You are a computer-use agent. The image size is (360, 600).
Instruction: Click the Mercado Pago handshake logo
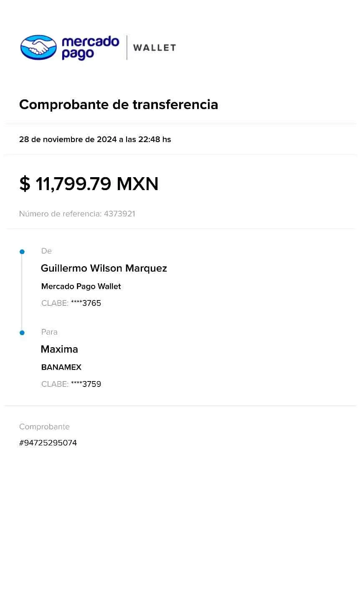(x=38, y=46)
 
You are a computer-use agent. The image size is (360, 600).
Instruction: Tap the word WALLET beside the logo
(x=155, y=48)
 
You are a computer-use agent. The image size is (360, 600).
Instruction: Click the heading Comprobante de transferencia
(x=119, y=104)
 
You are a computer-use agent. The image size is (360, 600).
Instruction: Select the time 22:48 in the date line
(x=149, y=140)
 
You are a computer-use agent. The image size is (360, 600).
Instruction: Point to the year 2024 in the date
(x=106, y=140)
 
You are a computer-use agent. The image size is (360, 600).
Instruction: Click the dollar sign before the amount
(x=25, y=184)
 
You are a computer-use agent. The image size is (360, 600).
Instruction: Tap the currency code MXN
(x=138, y=184)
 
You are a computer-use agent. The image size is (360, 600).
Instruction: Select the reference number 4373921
(x=119, y=214)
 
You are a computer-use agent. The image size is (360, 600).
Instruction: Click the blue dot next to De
(x=22, y=252)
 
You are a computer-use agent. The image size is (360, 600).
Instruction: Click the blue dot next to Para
(x=22, y=333)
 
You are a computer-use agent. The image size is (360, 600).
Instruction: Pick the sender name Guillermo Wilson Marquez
(x=104, y=268)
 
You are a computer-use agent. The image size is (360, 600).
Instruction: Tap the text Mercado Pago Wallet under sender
(x=81, y=287)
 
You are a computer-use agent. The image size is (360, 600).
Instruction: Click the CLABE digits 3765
(x=91, y=303)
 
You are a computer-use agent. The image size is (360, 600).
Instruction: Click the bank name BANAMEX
(x=61, y=368)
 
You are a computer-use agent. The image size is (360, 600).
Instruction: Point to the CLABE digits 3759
(x=91, y=384)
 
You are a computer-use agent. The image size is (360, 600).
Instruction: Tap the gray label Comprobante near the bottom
(x=45, y=427)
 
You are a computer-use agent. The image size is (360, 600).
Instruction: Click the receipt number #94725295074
(x=48, y=443)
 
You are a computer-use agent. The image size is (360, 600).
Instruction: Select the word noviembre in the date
(x=63, y=140)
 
